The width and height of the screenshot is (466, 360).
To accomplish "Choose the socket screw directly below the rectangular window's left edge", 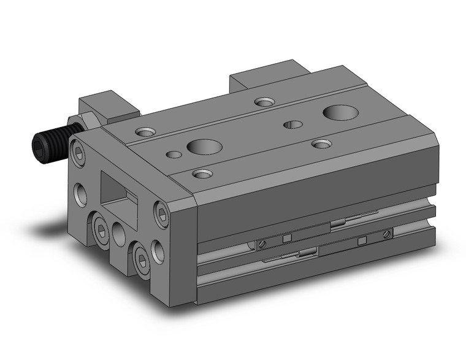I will pos(99,229).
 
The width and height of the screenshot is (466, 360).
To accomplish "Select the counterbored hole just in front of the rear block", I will pos(265,102).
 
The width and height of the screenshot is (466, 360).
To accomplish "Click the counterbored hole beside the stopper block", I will pos(146,131).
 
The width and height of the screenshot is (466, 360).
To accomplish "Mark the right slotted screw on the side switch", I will pos(386,233).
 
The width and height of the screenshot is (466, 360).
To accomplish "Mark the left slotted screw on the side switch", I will pos(261,245).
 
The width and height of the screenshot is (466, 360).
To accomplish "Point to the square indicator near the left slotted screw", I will pos(286,239).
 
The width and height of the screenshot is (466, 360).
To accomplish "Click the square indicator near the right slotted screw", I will pos(362,239).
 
